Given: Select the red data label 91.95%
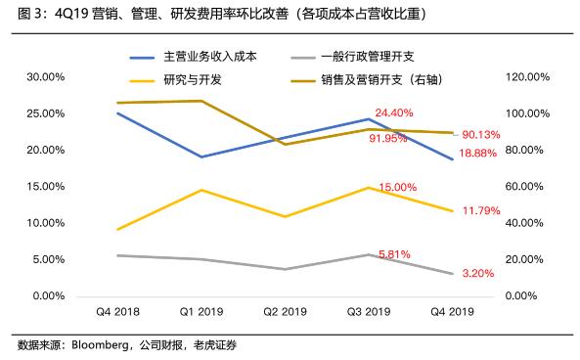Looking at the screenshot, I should tap(388, 139).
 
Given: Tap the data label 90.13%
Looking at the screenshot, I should tap(481, 135).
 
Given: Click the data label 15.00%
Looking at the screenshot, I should tap(397, 187).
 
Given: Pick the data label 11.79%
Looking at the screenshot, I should tap(479, 209).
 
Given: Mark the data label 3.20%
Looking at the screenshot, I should tap(476, 274).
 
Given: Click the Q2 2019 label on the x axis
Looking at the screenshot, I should tap(284, 312).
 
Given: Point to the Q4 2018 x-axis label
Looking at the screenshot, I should tap(116, 312).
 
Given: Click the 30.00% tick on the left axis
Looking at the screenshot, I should tap(46, 76).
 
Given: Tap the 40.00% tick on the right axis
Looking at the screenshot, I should tap(520, 223).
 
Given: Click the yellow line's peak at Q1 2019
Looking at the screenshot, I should tap(201, 190).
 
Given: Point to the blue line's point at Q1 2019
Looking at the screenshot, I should tap(201, 157).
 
